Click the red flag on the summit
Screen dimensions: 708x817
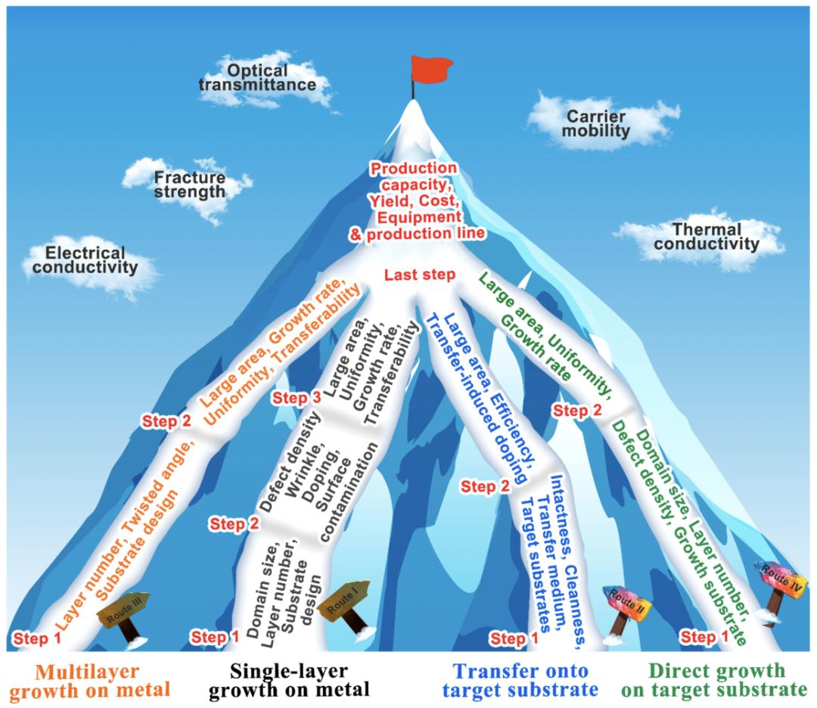[x=429, y=70]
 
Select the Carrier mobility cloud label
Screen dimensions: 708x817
[x=597, y=123]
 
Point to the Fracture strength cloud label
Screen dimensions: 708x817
[x=190, y=185]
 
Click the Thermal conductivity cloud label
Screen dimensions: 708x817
[x=706, y=236]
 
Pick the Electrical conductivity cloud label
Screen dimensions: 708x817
[x=92, y=259]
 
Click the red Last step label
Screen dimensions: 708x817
[x=419, y=275]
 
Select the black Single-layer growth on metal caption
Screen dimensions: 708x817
[x=289, y=679]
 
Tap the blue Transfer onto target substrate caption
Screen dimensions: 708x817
[x=520, y=679]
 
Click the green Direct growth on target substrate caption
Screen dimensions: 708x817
[x=717, y=679]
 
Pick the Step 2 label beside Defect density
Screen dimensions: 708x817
[x=235, y=523]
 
